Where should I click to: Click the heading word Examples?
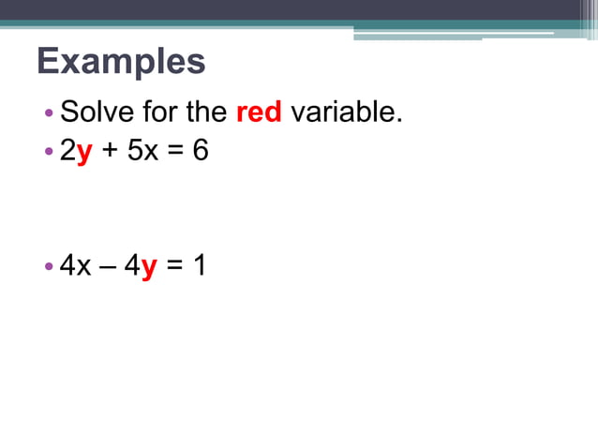tap(121, 62)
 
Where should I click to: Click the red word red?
tap(259, 113)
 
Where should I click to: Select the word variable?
tap(346, 113)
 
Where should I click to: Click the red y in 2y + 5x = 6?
tap(83, 151)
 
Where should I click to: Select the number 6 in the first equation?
tap(201, 151)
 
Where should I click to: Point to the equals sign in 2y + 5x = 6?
tap(173, 152)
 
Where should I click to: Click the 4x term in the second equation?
tap(75, 266)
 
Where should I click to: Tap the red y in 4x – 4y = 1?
tap(148, 267)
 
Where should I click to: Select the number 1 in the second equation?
tap(199, 266)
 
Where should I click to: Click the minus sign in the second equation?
tap(109, 267)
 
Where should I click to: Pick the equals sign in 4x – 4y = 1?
tap(173, 267)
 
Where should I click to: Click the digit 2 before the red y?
tap(67, 151)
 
